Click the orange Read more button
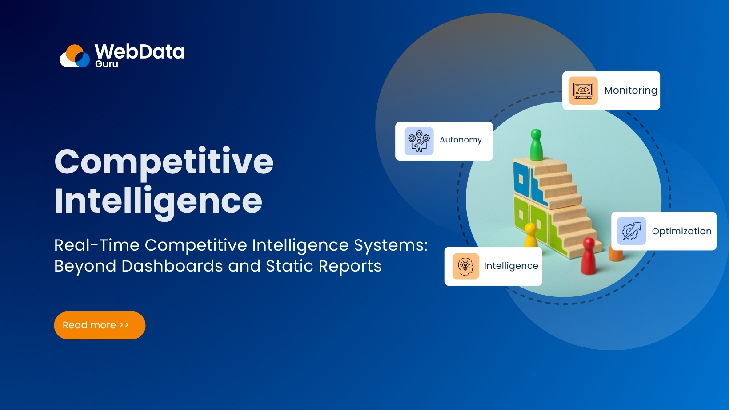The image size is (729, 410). point(100,325)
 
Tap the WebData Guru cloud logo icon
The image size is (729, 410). point(75,56)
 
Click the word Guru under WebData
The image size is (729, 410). point(107,64)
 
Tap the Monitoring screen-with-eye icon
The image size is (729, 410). point(583,91)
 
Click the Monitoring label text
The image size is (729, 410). point(630,91)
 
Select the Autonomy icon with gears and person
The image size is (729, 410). point(419,141)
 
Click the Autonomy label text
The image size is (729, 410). point(461,140)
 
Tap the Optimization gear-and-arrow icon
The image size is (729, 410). point(631,231)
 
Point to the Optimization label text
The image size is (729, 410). point(681,231)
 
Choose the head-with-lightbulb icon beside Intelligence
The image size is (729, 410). point(465,266)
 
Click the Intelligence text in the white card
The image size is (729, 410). point(511,266)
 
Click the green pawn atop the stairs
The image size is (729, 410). point(536,145)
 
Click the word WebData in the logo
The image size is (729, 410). point(140,52)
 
